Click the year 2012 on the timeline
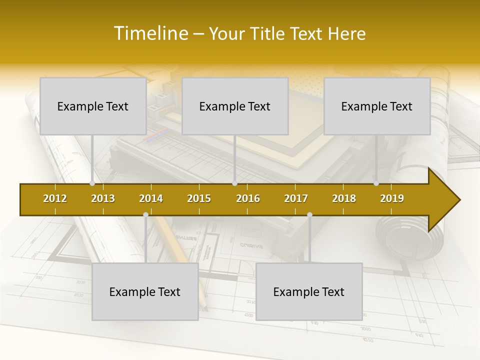click(55, 198)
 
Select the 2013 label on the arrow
click(103, 198)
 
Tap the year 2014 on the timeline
click(151, 198)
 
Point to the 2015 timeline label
click(199, 198)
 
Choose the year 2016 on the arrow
click(248, 198)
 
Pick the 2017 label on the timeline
click(296, 198)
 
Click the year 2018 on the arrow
click(344, 198)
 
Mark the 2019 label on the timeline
click(392, 198)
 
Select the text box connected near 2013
click(93, 106)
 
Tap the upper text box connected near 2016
click(235, 106)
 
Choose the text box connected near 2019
click(377, 106)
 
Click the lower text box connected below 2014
click(145, 291)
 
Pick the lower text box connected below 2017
click(309, 291)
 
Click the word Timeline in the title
click(150, 33)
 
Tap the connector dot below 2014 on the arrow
click(145, 215)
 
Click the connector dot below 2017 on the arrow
click(309, 215)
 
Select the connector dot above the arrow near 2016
click(235, 183)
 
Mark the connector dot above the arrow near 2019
click(376, 183)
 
